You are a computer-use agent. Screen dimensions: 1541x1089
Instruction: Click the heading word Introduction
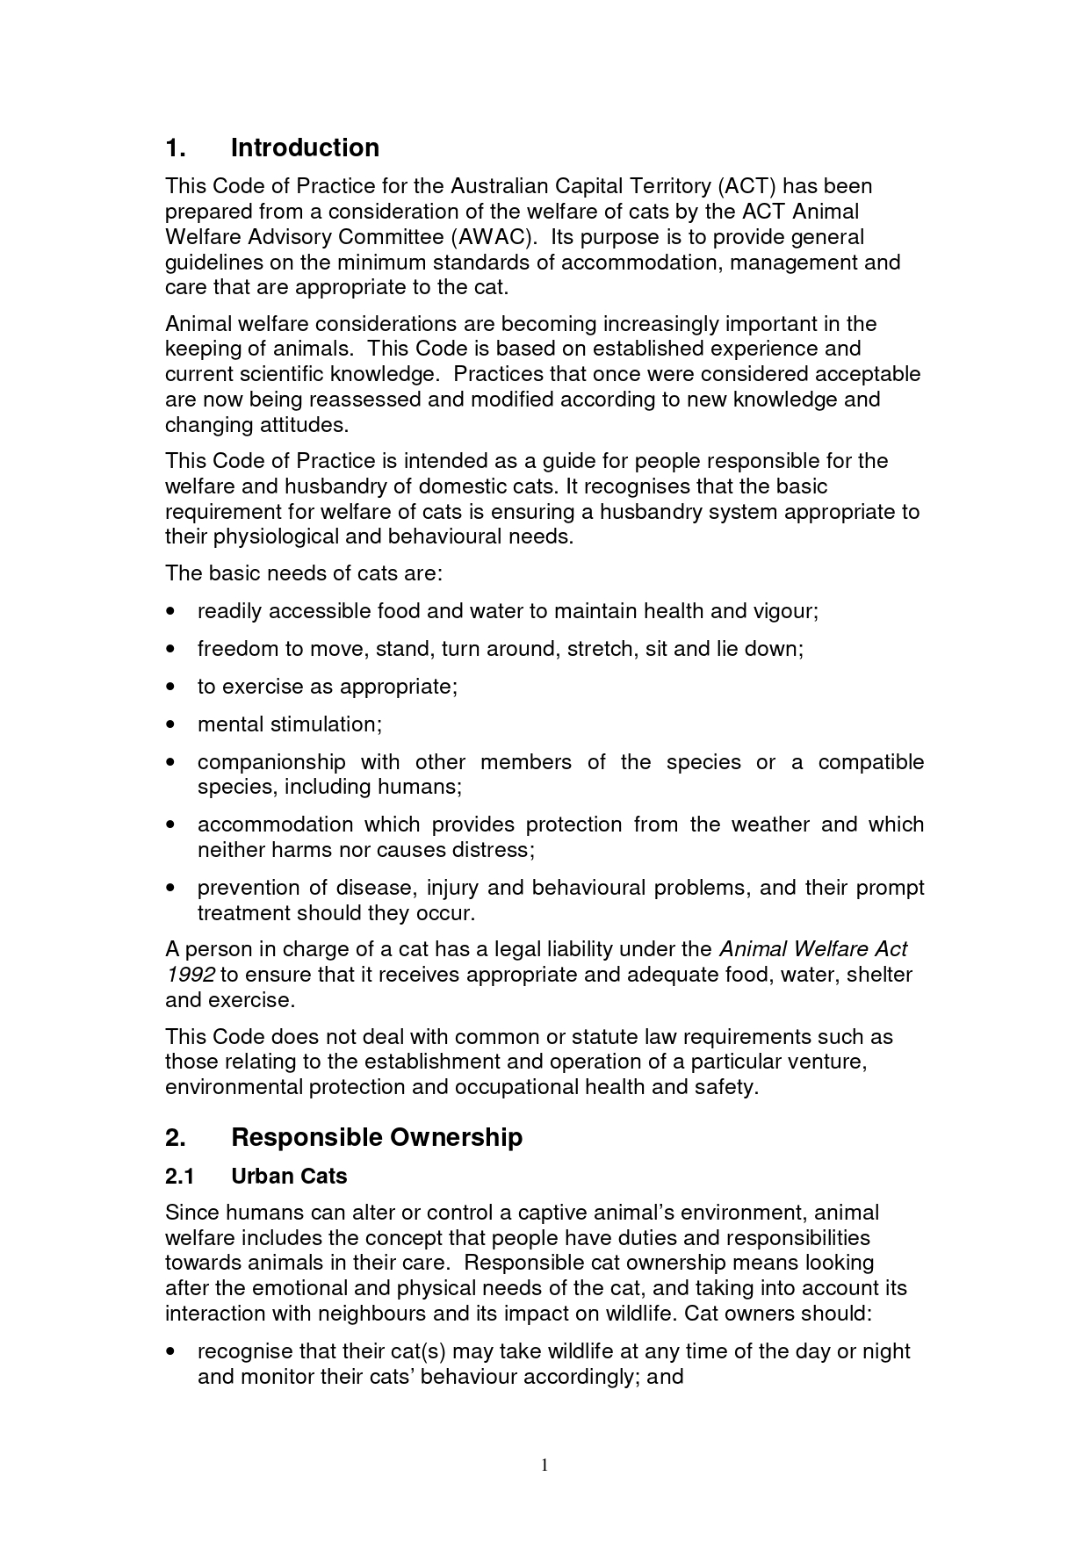(x=305, y=148)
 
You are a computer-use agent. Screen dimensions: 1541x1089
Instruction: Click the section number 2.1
(x=179, y=1176)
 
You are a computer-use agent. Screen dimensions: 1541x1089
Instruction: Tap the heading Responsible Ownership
(x=376, y=1137)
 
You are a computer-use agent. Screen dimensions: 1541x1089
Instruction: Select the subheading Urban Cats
(x=289, y=1176)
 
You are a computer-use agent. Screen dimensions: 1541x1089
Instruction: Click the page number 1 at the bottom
(x=544, y=1464)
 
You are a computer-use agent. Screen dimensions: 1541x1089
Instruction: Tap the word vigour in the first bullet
(x=784, y=611)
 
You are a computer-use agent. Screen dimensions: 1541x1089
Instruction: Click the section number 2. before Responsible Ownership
(x=175, y=1137)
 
